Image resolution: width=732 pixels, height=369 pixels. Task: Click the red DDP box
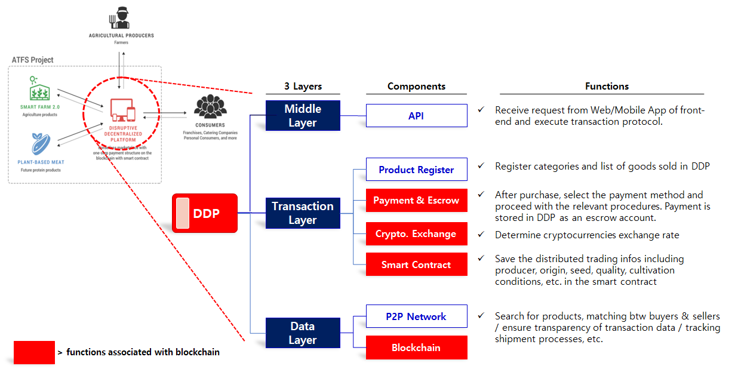(205, 213)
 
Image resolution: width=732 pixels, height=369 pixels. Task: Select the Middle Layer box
(303, 116)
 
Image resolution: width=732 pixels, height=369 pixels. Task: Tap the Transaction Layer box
(303, 213)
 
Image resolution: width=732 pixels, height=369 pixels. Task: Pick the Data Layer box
(303, 333)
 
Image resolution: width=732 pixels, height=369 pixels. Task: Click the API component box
(416, 116)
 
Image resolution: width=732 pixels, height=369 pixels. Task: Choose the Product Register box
(416, 170)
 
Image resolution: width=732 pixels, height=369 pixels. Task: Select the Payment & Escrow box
(416, 201)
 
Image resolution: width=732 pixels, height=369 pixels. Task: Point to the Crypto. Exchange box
(416, 233)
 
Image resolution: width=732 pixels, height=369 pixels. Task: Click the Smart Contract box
(416, 265)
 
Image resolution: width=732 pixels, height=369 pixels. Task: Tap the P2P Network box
(416, 316)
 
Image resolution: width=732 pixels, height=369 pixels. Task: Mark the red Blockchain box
(416, 348)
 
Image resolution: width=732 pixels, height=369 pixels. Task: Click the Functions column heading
(607, 87)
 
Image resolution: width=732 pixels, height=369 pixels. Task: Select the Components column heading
(416, 87)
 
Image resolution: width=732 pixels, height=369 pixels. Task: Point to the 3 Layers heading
(303, 87)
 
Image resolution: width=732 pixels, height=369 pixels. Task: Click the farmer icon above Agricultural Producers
(121, 17)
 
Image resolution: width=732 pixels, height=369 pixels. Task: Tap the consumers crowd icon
(210, 106)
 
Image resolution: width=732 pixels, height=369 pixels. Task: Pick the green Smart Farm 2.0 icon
(39, 91)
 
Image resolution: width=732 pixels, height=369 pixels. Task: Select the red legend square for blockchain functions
(34, 352)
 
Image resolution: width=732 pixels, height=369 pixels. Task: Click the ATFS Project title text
(33, 60)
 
